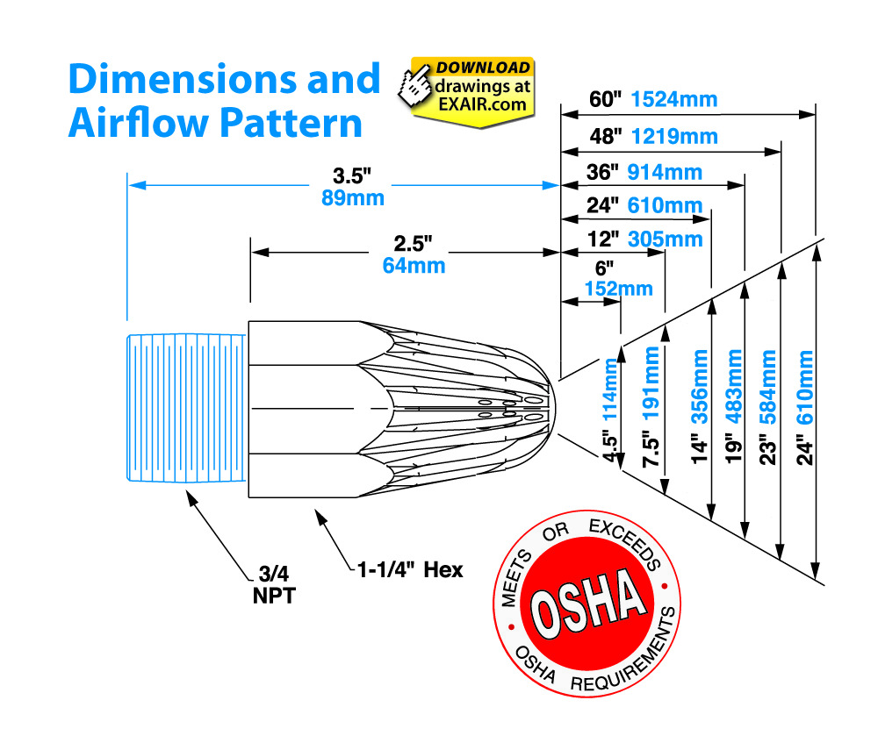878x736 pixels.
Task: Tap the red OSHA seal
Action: (587, 603)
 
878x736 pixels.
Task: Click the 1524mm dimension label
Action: (674, 99)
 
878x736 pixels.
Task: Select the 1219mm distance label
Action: (674, 137)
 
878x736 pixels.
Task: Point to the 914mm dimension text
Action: (665, 172)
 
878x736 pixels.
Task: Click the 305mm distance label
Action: (666, 239)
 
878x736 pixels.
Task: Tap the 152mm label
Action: (619, 289)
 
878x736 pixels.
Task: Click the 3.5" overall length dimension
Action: (352, 176)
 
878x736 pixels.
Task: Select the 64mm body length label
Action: (414, 266)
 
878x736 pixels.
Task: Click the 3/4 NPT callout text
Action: (274, 585)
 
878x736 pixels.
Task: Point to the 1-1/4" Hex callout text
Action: (410, 570)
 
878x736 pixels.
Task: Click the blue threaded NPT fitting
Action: (186, 408)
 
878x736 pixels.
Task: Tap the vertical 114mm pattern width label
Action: (610, 389)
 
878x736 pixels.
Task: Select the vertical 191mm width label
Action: (651, 383)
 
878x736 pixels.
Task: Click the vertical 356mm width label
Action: (700, 386)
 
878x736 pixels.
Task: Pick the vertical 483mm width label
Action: (733, 386)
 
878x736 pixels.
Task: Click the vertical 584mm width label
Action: (768, 387)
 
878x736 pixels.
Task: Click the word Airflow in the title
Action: (138, 123)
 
